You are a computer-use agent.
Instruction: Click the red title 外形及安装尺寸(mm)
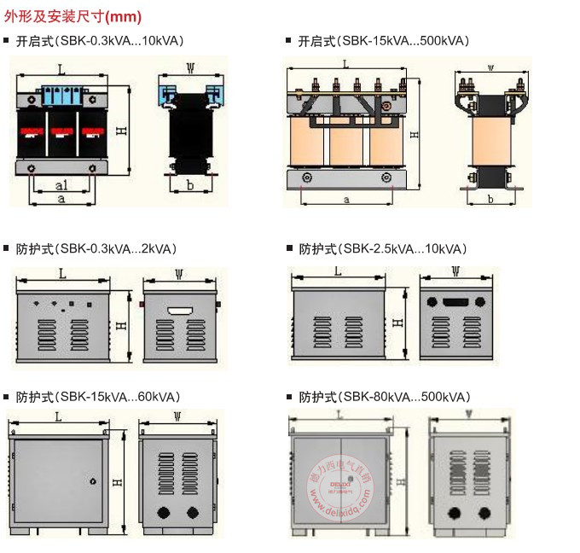[x=72, y=16]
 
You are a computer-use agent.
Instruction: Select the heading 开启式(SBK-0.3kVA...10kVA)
[x=100, y=40]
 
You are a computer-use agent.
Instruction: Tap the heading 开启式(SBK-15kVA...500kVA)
[x=383, y=40]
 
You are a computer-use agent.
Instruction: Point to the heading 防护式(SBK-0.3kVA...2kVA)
[x=96, y=249]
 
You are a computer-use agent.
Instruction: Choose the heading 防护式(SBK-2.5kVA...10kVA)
[x=383, y=249]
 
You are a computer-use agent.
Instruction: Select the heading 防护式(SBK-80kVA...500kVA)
[x=385, y=397]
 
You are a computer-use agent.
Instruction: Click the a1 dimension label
[x=61, y=185]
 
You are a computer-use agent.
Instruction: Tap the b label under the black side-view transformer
[x=190, y=184]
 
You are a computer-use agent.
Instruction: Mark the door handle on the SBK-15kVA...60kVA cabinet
[x=91, y=481]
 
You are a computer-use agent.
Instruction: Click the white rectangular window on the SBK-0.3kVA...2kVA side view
[x=180, y=311]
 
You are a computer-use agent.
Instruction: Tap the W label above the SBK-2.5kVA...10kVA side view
[x=455, y=272]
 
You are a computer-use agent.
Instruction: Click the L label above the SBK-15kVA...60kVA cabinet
[x=58, y=417]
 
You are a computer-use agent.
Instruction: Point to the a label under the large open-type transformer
[x=346, y=199]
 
